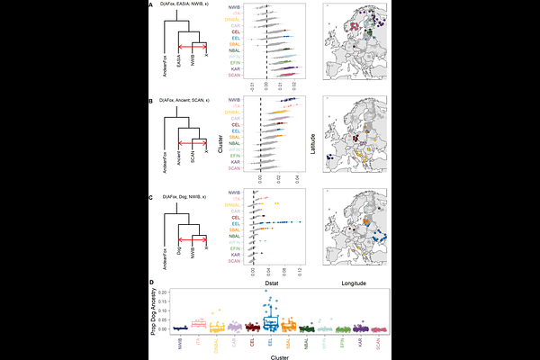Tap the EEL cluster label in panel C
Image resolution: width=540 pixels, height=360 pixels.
[235, 223]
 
